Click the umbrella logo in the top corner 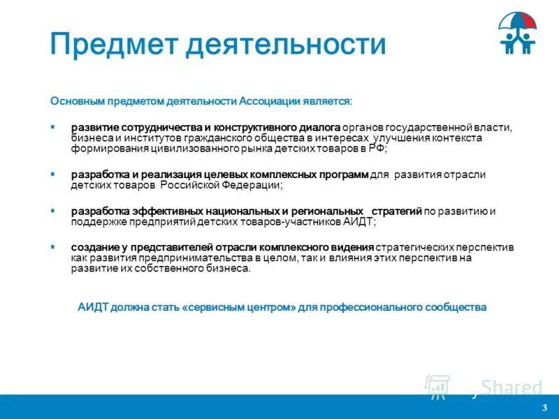[518, 34]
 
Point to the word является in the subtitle [326, 101]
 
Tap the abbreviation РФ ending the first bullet [377, 149]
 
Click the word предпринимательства [189, 258]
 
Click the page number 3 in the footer [544, 407]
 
